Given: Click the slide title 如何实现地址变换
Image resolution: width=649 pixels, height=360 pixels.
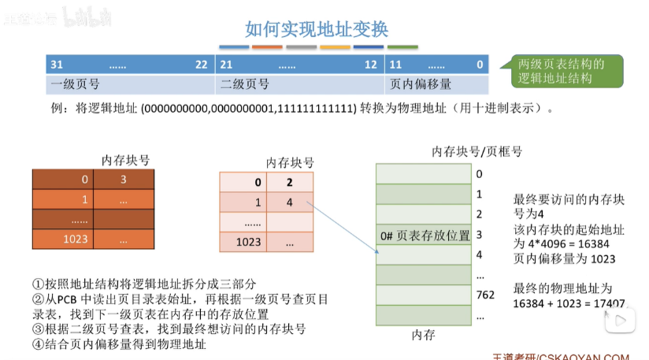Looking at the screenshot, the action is click(316, 30).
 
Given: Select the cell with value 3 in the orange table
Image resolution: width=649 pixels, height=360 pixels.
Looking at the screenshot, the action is click(124, 180).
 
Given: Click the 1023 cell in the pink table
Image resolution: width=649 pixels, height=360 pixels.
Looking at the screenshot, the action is click(249, 242).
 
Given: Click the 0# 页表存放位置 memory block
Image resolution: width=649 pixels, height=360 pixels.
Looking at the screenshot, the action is click(424, 235).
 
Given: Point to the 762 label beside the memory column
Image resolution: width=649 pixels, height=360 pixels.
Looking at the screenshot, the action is click(485, 295).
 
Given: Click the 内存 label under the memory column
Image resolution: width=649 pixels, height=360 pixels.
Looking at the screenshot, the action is click(423, 335).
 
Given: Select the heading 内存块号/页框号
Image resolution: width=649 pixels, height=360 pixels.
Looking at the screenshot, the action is click(477, 151).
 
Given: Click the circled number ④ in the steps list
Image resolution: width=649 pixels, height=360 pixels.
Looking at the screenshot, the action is click(37, 343).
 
